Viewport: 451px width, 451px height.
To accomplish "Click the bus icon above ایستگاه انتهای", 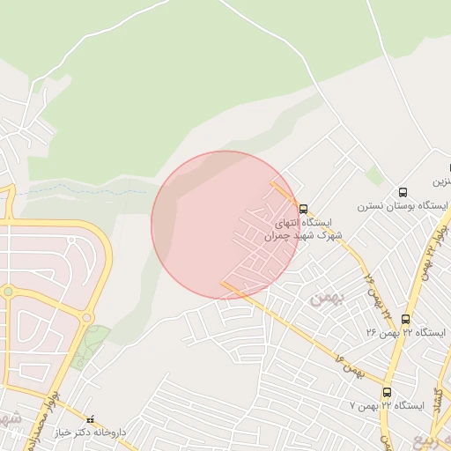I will (x=304, y=210).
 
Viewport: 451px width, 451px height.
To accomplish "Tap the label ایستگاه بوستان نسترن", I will (x=403, y=206).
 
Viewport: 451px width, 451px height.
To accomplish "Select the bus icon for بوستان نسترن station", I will (x=403, y=192).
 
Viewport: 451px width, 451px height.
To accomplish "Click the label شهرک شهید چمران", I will (x=303, y=236).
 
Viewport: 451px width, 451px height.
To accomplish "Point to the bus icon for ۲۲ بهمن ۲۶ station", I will (x=406, y=319).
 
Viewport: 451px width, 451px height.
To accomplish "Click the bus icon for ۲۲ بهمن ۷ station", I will (x=387, y=392).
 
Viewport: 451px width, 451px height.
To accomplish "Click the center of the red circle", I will (x=226, y=225).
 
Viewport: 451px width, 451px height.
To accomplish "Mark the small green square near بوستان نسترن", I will (x=375, y=175).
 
